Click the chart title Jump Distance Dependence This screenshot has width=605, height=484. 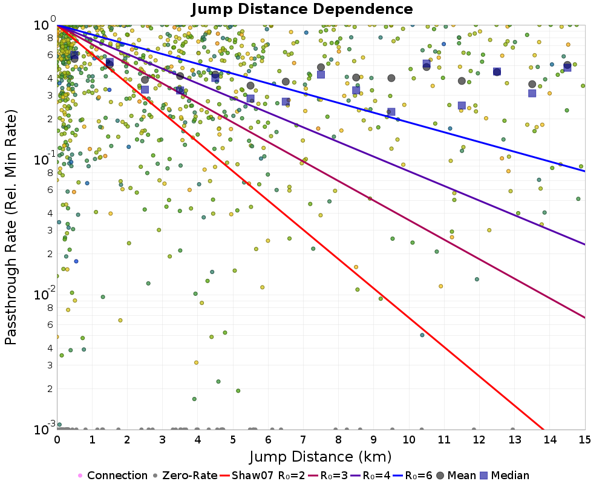pyautogui.click(x=302, y=9)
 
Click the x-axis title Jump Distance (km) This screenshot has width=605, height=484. pyautogui.click(x=321, y=455)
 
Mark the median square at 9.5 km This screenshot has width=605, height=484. pyautogui.click(x=391, y=112)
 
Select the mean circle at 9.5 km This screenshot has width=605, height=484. pyautogui.click(x=391, y=78)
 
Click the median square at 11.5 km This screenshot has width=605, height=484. pyautogui.click(x=462, y=105)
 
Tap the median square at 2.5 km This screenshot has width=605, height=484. pyautogui.click(x=145, y=90)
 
